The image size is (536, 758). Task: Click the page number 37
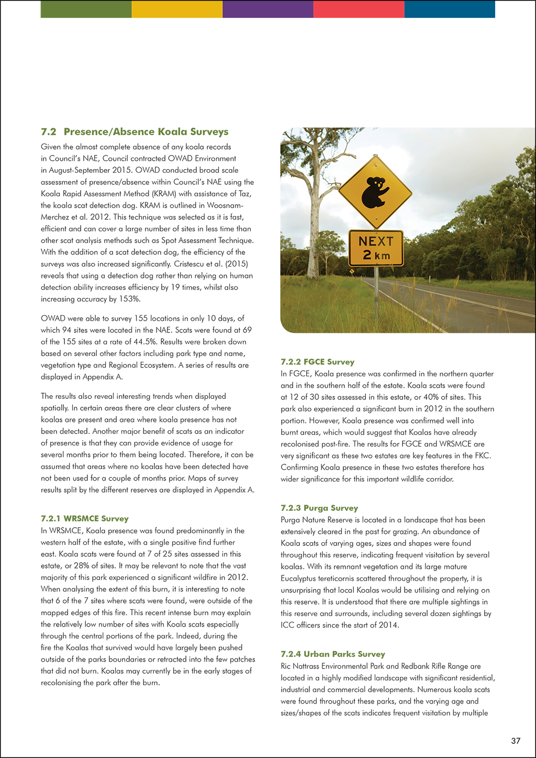516,741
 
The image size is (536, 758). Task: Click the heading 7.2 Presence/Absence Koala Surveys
135,132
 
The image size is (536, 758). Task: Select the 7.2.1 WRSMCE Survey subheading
85,519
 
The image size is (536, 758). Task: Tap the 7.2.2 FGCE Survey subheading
317,362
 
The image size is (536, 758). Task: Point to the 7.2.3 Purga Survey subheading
319,508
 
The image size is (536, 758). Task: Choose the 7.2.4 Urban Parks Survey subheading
332,654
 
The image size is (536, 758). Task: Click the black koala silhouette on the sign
375,192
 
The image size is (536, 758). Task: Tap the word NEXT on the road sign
376,241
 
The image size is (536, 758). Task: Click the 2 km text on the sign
376,255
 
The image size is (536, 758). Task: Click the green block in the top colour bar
86,9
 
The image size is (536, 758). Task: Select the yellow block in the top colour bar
177,9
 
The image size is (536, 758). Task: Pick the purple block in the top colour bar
268,9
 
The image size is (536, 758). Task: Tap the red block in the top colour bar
359,9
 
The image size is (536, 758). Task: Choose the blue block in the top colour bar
450,9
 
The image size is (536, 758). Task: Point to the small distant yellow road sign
352,272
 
